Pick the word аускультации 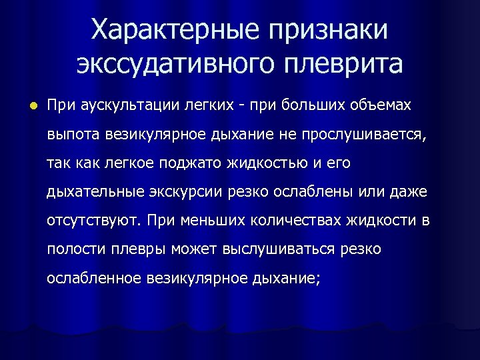128,105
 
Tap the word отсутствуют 93,220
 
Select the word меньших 209,220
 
